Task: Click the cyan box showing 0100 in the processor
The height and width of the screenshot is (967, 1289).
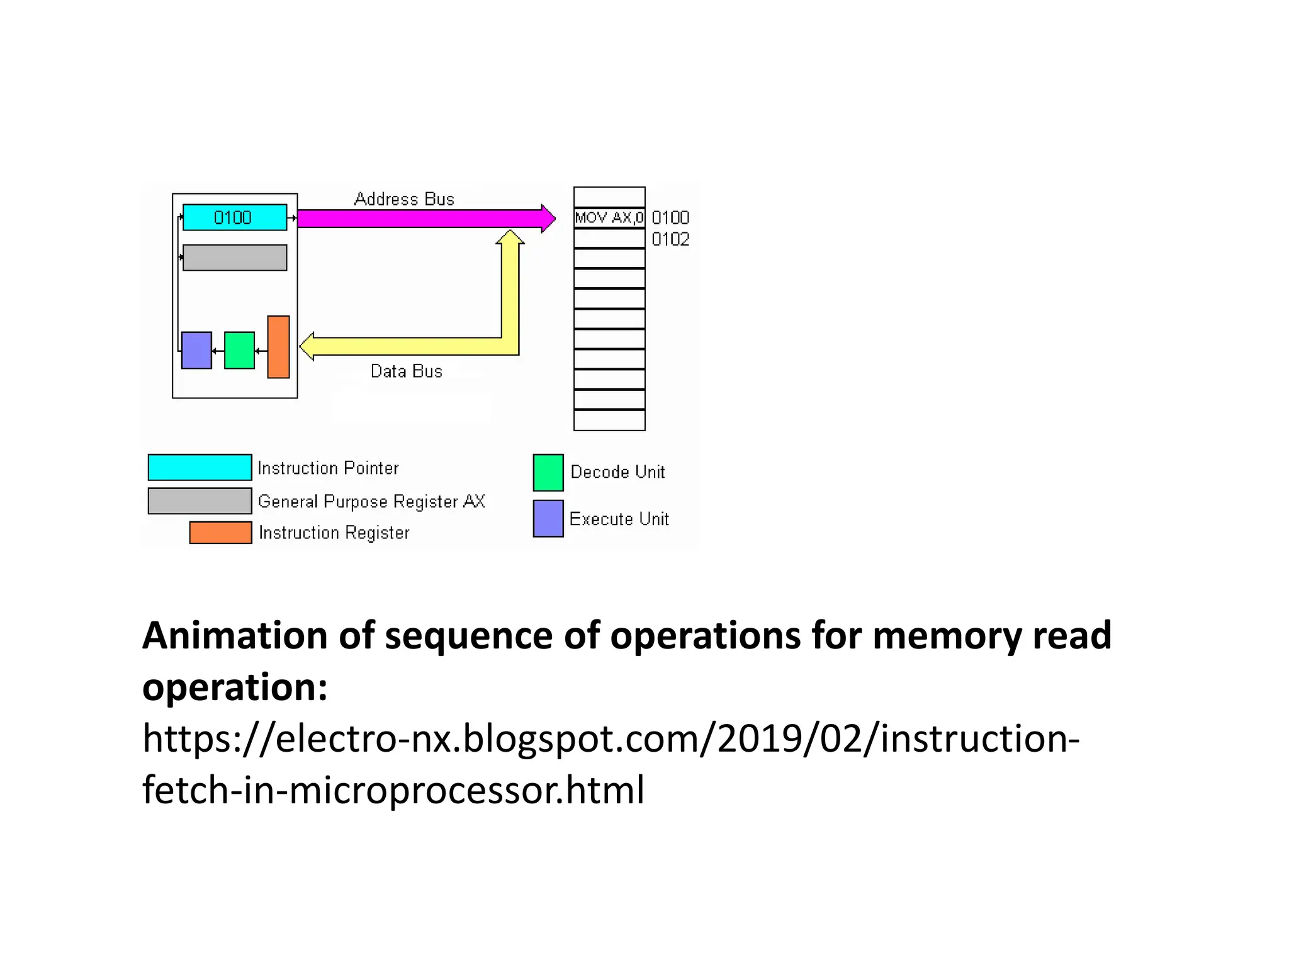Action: click(x=234, y=217)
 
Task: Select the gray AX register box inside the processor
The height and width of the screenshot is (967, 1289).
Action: click(x=234, y=257)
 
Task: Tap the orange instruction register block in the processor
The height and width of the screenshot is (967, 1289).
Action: click(x=278, y=347)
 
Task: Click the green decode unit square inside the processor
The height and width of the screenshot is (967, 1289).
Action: click(x=239, y=350)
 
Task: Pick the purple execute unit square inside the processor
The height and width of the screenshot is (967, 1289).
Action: click(x=196, y=350)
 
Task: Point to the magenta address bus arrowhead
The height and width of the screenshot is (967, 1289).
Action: click(x=548, y=218)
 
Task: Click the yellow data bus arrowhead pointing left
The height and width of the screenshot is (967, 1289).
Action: click(x=307, y=346)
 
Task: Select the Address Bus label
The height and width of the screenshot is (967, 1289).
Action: click(x=404, y=199)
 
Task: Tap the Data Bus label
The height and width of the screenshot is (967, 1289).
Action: click(x=406, y=371)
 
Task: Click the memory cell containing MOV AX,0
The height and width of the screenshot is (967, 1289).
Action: click(x=609, y=218)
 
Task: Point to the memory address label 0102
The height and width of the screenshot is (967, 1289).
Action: click(x=670, y=239)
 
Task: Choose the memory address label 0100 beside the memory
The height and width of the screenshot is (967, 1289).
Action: click(x=670, y=218)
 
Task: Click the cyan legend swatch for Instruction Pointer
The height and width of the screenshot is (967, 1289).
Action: click(x=200, y=467)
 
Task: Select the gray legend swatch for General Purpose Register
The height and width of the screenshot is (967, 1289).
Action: click(x=200, y=501)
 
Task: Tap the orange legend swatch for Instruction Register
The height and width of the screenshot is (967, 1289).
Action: click(x=220, y=533)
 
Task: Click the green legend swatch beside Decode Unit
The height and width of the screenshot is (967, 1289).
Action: click(x=548, y=472)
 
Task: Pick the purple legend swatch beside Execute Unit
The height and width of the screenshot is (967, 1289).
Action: click(x=548, y=519)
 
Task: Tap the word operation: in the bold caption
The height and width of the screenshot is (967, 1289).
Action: click(x=234, y=687)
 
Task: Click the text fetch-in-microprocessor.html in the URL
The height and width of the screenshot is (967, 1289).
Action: click(x=393, y=790)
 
